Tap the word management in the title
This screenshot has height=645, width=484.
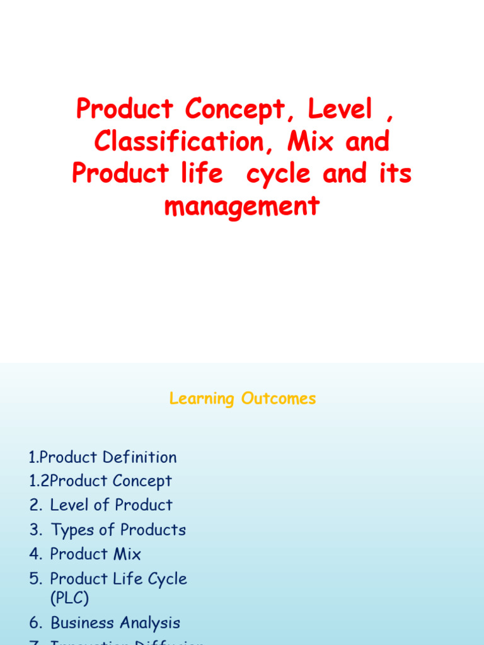(x=242, y=206)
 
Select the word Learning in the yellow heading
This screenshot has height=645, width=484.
(x=201, y=399)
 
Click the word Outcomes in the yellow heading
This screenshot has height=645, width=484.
(x=277, y=398)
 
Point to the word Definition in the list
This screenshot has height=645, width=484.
(x=139, y=457)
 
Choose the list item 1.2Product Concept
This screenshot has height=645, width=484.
(x=100, y=481)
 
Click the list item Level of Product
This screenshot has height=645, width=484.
(x=111, y=505)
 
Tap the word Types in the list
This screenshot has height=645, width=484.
(x=72, y=530)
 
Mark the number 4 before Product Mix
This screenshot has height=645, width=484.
(x=34, y=554)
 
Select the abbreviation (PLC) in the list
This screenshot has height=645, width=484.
(x=69, y=598)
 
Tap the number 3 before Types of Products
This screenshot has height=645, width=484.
(x=34, y=530)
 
